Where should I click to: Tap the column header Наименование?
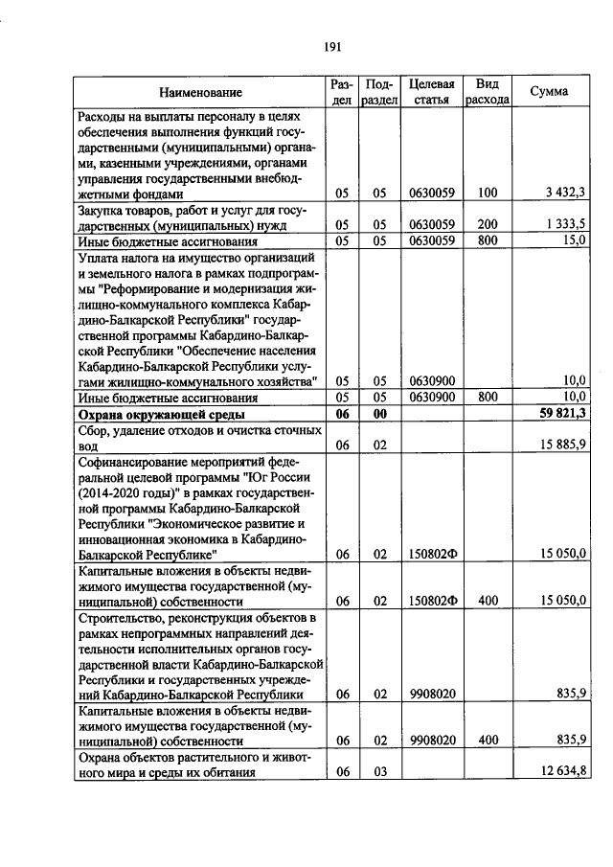pos(200,92)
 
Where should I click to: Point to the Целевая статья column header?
pos(430,92)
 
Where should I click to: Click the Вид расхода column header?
pos(487,92)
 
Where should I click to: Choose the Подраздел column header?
pos(379,92)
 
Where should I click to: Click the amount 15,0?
pos(573,240)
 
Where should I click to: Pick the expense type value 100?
pos(487,193)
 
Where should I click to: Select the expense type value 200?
pos(487,224)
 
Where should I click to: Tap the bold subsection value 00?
pos(379,414)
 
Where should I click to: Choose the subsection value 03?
pos(379,773)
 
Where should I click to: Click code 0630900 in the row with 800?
pos(430,397)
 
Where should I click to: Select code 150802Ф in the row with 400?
pos(430,601)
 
